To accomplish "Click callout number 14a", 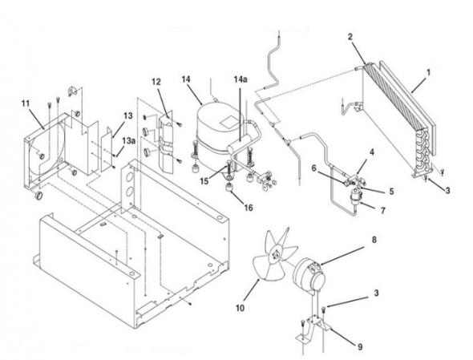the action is click(x=241, y=79).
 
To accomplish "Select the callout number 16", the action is click(x=249, y=208).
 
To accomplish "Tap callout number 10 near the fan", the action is click(x=240, y=308).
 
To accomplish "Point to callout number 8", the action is click(x=374, y=240).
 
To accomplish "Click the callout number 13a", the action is click(x=128, y=140).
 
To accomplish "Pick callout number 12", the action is click(x=156, y=82).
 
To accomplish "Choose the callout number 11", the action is click(x=26, y=103).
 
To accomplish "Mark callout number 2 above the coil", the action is click(x=350, y=37).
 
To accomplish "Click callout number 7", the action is click(x=382, y=210).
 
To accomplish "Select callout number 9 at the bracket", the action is click(x=360, y=347).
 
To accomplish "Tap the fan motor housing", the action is click(x=309, y=273).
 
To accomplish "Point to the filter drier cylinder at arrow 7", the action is click(x=354, y=198).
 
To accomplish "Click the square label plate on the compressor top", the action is click(x=230, y=121).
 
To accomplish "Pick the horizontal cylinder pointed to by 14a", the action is click(x=240, y=144).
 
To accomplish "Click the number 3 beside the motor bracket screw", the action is click(x=376, y=293).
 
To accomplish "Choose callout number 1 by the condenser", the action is click(x=428, y=72).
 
